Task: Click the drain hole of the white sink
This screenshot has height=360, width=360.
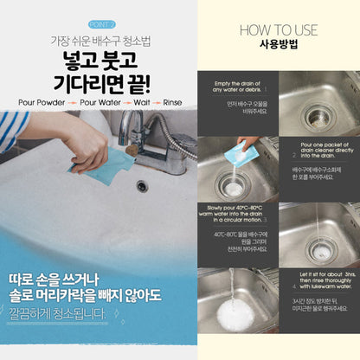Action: click(x=142, y=185)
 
